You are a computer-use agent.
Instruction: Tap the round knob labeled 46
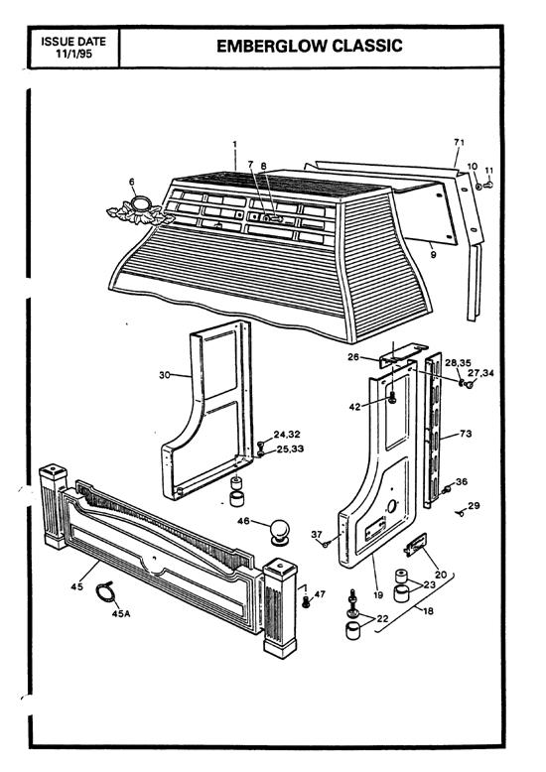[x=282, y=528]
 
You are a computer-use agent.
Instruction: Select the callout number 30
[x=166, y=375]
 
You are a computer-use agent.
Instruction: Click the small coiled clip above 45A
[x=106, y=593]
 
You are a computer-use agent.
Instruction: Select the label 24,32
[x=286, y=434]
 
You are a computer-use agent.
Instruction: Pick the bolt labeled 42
[x=394, y=399]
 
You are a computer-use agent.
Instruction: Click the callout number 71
[x=459, y=144]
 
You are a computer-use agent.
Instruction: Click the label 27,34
[x=480, y=373]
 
